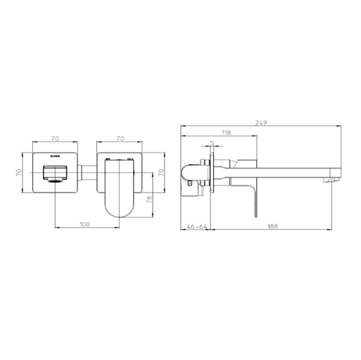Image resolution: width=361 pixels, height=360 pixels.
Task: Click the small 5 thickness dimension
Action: (212, 142)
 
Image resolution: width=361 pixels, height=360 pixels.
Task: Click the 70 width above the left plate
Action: (55, 138)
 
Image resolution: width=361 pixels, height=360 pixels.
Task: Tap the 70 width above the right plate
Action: (119, 138)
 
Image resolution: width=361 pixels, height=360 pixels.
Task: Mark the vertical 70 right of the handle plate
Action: (161, 172)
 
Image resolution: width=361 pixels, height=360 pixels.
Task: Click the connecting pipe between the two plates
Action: (87, 174)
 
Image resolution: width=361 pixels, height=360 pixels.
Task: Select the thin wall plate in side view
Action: (211, 174)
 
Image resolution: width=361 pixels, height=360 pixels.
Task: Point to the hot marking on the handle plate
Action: (108, 159)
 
